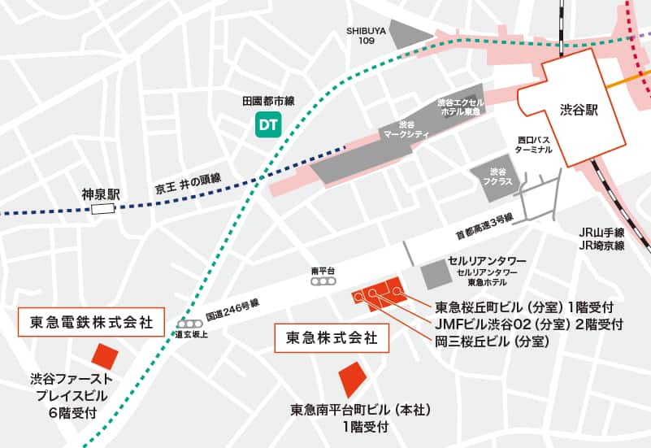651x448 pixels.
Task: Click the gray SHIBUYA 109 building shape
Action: [x=409, y=33]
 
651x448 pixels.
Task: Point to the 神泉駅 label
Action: [x=101, y=194]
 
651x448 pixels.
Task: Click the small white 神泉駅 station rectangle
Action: [x=103, y=209]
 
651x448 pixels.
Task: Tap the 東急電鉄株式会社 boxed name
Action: [x=91, y=320]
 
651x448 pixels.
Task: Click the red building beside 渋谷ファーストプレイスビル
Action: [x=104, y=355]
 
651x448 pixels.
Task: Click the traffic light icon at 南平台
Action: [x=323, y=281]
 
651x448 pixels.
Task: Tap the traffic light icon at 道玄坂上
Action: [x=188, y=324]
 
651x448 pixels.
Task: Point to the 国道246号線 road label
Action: [x=232, y=308]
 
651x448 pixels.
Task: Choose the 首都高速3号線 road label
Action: [x=484, y=225]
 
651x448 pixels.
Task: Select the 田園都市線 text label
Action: [x=267, y=101]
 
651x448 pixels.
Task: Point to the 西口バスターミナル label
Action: [x=535, y=146]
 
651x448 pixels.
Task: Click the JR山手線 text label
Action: [x=601, y=232]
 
